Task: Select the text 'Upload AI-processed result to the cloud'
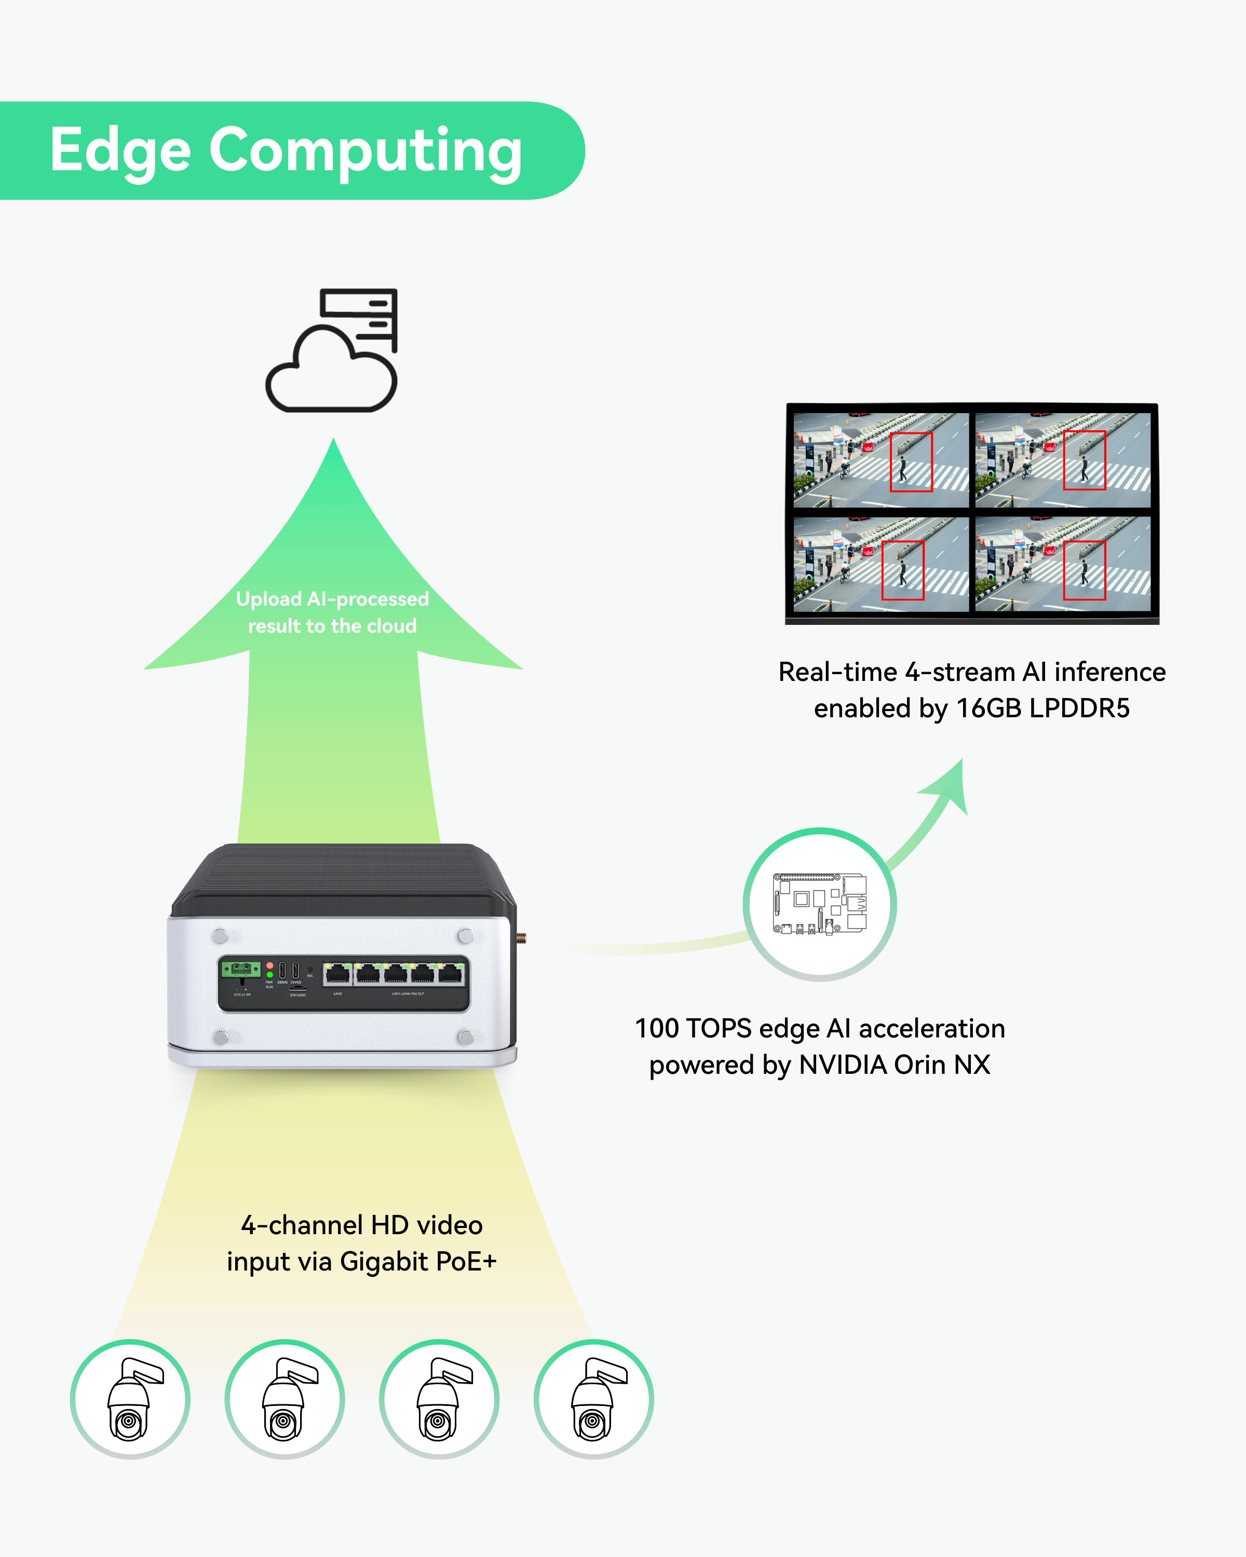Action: pos(332,612)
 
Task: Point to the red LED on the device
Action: pos(270,965)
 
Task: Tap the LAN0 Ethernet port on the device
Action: pos(337,974)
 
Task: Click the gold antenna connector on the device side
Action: pos(522,938)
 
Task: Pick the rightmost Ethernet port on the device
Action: pos(451,974)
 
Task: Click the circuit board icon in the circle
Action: pos(820,904)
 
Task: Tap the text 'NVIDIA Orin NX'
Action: pos(894,1064)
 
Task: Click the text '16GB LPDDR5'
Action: pos(1042,708)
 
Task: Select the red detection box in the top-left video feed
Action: pos(911,462)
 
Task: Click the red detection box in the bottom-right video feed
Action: pos(1084,570)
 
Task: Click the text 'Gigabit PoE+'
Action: pos(418,1262)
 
